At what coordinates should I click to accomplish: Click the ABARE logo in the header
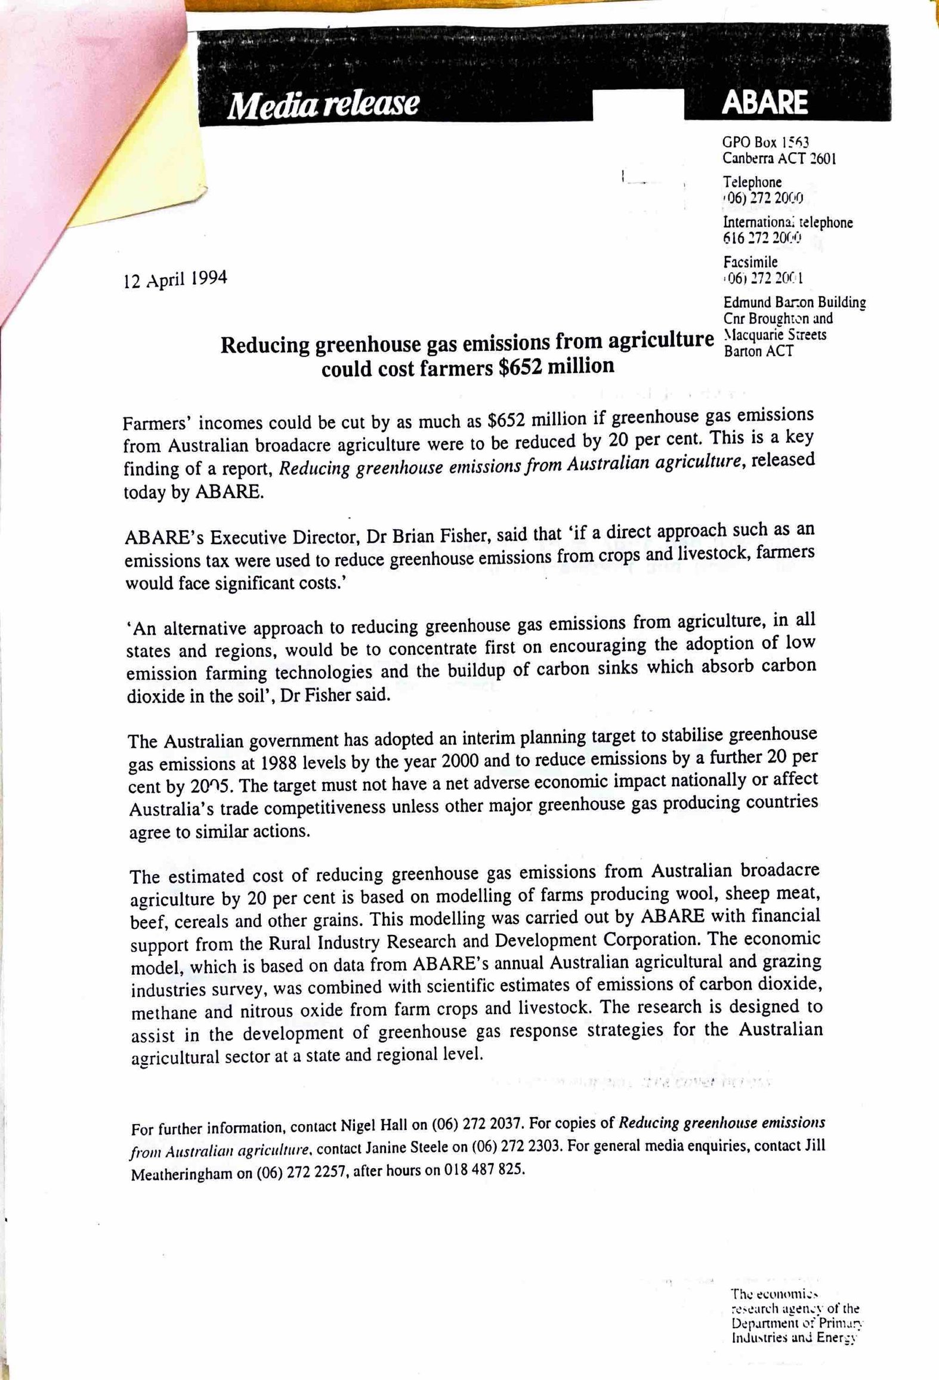click(x=765, y=103)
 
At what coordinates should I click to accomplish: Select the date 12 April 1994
click(x=175, y=279)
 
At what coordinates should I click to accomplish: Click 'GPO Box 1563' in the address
click(x=765, y=143)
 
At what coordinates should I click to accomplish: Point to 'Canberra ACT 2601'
click(x=779, y=159)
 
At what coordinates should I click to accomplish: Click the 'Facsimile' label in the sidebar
click(x=750, y=262)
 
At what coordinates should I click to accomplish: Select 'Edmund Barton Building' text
click(x=794, y=302)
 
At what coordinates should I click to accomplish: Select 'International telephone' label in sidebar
click(x=787, y=223)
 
